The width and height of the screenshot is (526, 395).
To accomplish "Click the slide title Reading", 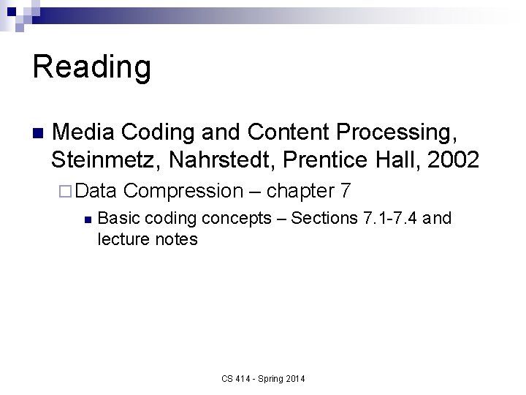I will tap(92, 67).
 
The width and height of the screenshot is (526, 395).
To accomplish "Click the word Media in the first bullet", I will tap(83, 132).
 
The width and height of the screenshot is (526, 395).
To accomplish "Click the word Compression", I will tap(183, 192).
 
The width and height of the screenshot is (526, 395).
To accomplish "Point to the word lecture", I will tap(122, 239).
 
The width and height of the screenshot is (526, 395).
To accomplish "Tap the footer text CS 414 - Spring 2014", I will tap(263, 378).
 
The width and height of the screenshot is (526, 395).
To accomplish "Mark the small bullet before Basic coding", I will tap(86, 219).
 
